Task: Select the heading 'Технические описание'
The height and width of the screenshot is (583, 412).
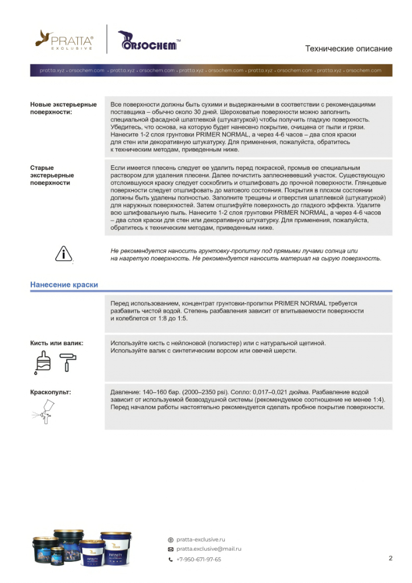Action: [348, 48]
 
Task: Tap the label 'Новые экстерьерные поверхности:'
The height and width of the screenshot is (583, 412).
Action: [63, 108]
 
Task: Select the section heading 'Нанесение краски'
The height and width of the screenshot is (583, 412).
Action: [64, 284]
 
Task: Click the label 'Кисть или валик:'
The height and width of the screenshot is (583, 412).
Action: [56, 343]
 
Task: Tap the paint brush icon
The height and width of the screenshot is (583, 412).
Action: [44, 361]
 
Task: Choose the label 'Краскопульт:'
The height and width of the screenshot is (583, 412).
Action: [51, 392]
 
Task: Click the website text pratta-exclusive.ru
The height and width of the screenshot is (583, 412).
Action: [201, 539]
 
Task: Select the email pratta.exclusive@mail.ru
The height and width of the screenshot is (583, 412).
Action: [208, 549]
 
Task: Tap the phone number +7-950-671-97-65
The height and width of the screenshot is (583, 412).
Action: [199, 559]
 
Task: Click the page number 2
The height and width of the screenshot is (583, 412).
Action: [390, 558]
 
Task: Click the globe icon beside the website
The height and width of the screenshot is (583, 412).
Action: [170, 540]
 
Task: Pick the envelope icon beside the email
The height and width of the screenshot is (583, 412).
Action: [170, 549]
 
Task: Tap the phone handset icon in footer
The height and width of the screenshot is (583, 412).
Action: [170, 560]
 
